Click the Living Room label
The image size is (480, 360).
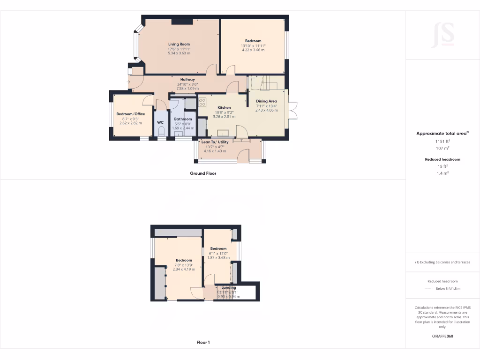pyautogui.click(x=179, y=44)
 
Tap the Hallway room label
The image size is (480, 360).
pyautogui.click(x=187, y=79)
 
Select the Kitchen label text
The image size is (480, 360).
pyautogui.click(x=224, y=108)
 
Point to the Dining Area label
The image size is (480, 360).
pyautogui.click(x=266, y=101)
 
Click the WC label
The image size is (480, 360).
pyautogui.click(x=160, y=122)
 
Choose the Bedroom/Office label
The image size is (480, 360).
pyautogui.click(x=131, y=114)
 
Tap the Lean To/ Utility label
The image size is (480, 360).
pyautogui.click(x=215, y=142)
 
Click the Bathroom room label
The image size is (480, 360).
pyautogui.click(x=183, y=119)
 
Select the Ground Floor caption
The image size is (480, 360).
pyautogui.click(x=203, y=173)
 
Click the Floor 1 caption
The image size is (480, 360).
pyautogui.click(x=203, y=343)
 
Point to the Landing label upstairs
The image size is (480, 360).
pyautogui.click(x=229, y=287)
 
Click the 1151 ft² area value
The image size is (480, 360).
pyautogui.click(x=442, y=141)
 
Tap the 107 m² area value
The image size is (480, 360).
pyautogui.click(x=442, y=148)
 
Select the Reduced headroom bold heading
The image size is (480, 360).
pyautogui.click(x=442, y=159)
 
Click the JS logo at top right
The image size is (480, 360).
pyautogui.click(x=442, y=35)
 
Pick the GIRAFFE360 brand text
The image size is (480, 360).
pyautogui.click(x=442, y=336)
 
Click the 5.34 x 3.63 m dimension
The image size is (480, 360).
pyautogui.click(x=179, y=53)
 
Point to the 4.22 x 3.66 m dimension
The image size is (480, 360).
pyautogui.click(x=253, y=50)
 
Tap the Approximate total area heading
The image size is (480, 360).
pyautogui.click(x=442, y=134)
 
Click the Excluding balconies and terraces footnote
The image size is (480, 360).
pyautogui.click(x=442, y=262)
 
